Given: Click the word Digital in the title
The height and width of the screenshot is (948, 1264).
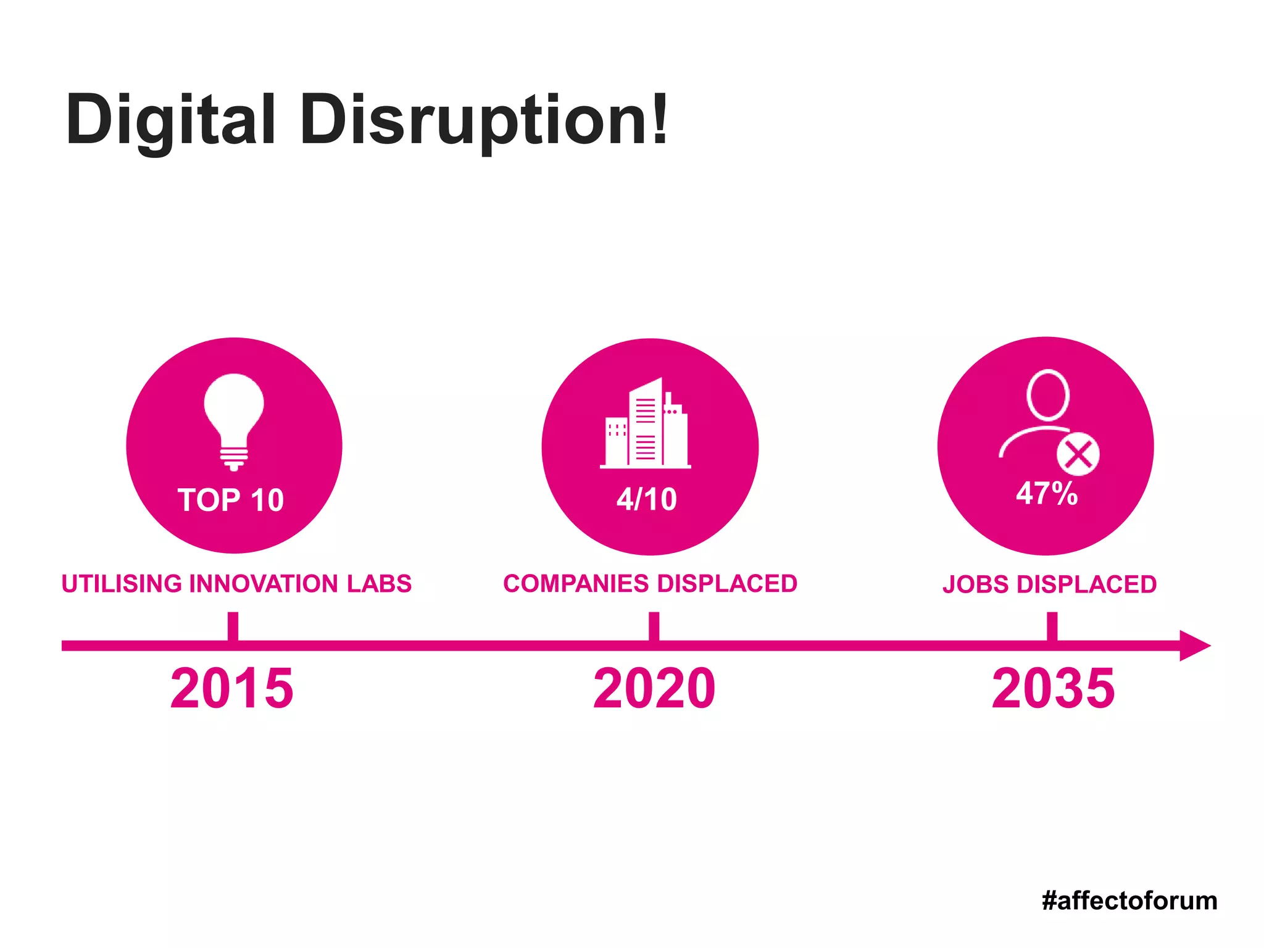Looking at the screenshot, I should coord(170,120).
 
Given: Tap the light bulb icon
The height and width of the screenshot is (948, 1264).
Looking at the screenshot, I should coord(234,420).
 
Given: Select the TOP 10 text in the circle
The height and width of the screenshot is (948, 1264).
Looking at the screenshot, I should coord(231,500).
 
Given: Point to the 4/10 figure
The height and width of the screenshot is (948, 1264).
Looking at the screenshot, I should coord(646,499).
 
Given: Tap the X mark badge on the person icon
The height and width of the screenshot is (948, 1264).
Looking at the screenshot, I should coord(1078,455).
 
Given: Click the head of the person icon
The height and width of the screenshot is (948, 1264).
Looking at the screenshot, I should coord(1047,395).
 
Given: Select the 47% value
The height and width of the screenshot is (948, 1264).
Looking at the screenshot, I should coord(1047,493).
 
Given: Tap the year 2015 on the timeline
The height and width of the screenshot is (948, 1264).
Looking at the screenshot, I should coord(231,688).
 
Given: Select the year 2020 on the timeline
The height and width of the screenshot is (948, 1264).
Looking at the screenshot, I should coord(654,688).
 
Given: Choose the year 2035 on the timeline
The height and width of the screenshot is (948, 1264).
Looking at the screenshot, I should coord(1053,688).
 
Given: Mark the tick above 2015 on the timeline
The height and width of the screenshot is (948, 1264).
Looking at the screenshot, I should coord(233,626).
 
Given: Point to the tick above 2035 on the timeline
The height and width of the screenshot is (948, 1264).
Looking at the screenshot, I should coord(1052,626).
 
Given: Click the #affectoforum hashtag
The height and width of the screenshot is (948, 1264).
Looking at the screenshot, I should coord(1129,901).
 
